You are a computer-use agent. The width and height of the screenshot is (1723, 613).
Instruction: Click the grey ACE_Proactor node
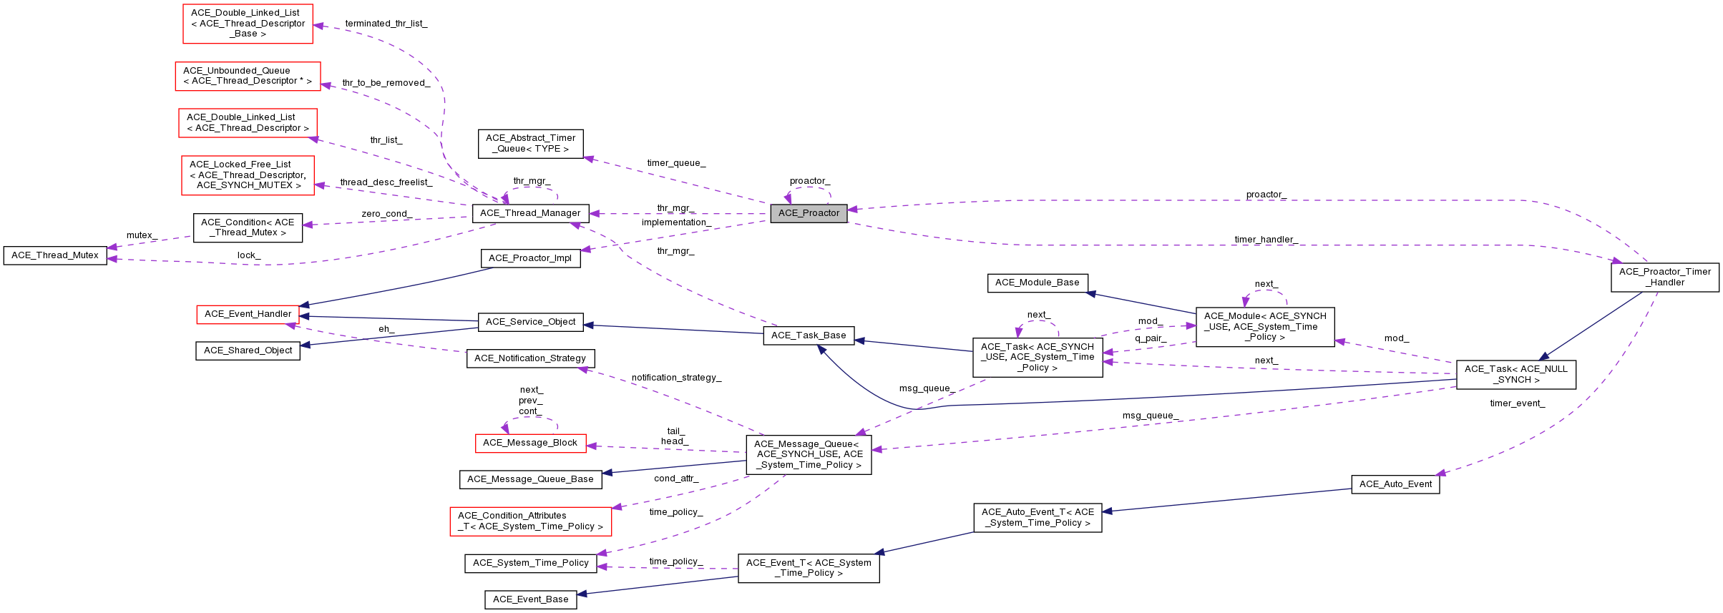pyautogui.click(x=809, y=213)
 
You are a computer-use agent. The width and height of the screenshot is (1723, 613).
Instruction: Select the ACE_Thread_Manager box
pyautogui.click(x=530, y=213)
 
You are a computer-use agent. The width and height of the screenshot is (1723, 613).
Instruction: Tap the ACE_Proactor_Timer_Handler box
pyautogui.click(x=1664, y=277)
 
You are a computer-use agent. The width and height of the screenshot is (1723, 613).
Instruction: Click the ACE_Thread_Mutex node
pyautogui.click(x=55, y=255)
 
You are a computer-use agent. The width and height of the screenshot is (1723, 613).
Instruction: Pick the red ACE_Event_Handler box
pyautogui.click(x=248, y=314)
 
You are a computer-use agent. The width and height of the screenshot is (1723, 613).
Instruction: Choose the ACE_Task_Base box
pyautogui.click(x=809, y=335)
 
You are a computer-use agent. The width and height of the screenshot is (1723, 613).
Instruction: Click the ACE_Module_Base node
pyautogui.click(x=1037, y=283)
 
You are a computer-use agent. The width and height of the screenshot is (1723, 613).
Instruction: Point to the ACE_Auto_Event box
pyautogui.click(x=1395, y=484)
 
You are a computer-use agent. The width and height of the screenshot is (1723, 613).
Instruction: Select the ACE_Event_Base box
pyautogui.click(x=530, y=599)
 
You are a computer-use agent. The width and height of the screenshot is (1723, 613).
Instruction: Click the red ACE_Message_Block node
pyautogui.click(x=530, y=443)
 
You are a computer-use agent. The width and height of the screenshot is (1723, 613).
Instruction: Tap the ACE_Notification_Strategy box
pyautogui.click(x=530, y=358)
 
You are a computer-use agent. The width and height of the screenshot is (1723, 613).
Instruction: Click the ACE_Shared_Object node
pyautogui.click(x=248, y=350)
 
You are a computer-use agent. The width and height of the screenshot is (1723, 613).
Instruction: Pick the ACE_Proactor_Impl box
pyautogui.click(x=530, y=258)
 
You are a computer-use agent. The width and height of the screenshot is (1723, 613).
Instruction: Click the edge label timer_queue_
pyautogui.click(x=676, y=163)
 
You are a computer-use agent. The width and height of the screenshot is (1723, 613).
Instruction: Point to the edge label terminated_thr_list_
pyautogui.click(x=386, y=24)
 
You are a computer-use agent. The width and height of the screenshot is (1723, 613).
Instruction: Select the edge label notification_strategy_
pyautogui.click(x=676, y=378)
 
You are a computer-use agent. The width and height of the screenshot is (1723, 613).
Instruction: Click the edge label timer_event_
pyautogui.click(x=1517, y=403)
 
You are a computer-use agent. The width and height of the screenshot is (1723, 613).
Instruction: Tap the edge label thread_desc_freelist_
pyautogui.click(x=386, y=182)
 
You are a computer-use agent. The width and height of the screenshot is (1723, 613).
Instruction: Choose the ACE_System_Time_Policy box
pyautogui.click(x=530, y=563)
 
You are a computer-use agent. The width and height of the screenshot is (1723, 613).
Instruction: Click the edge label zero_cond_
pyautogui.click(x=386, y=214)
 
